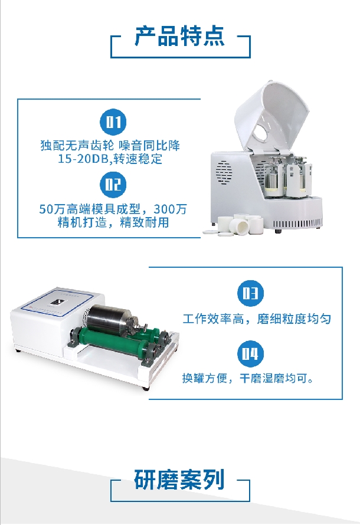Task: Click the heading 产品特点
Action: [x=179, y=36]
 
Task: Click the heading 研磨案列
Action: [x=179, y=480]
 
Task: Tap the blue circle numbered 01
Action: [x=114, y=122]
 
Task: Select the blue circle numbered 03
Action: [x=250, y=293]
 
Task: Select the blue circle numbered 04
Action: [x=250, y=353]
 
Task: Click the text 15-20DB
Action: [x=84, y=159]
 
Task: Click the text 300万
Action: [x=170, y=209]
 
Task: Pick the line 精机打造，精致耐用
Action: [x=113, y=222]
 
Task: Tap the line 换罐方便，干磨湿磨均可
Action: [x=248, y=378]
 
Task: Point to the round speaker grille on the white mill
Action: [x=224, y=173]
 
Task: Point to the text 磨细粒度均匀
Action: [x=294, y=319]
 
